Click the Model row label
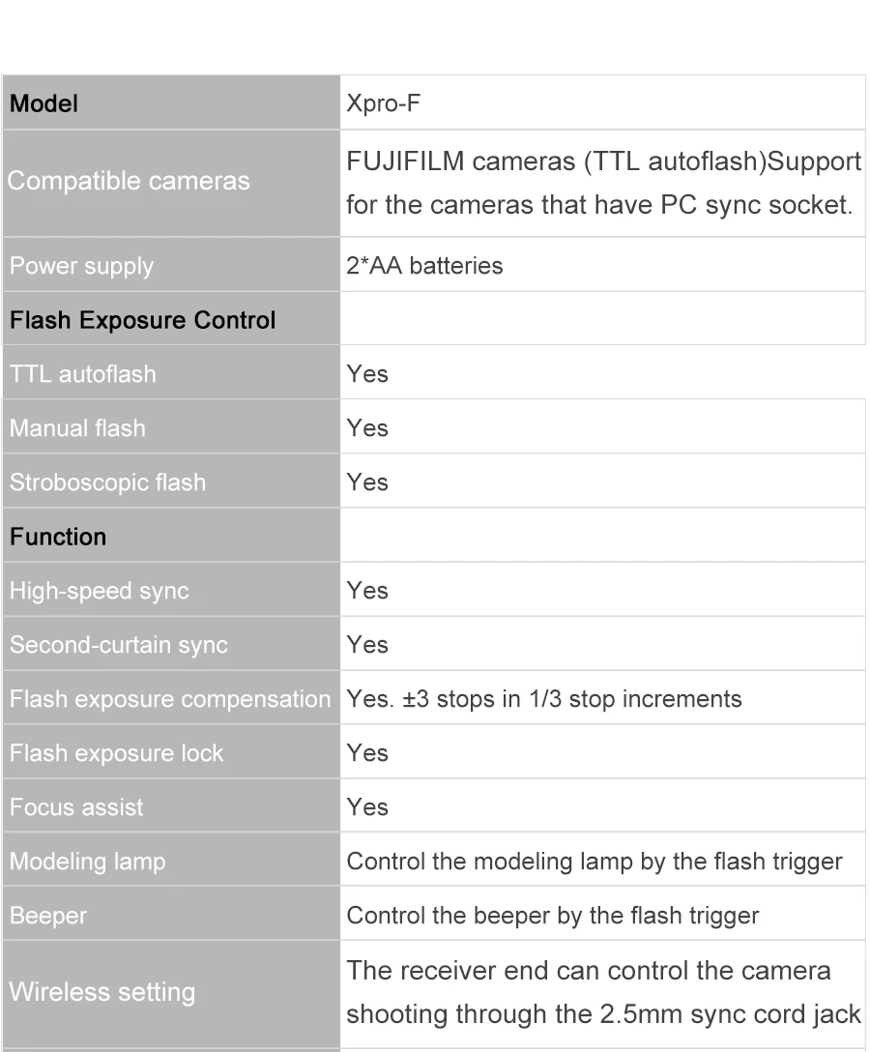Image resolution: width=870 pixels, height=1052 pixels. [x=43, y=103]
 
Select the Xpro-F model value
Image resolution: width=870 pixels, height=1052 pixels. [x=383, y=103]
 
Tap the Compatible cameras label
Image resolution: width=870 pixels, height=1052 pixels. [x=129, y=181]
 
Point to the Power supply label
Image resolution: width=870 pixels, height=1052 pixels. [x=81, y=265]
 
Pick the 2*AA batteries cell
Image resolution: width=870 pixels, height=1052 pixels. [x=424, y=265]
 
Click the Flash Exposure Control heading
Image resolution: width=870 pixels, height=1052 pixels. [x=142, y=319]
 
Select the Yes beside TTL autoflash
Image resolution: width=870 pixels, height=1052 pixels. [x=366, y=373]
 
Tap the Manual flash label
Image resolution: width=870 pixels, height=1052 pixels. [x=77, y=427]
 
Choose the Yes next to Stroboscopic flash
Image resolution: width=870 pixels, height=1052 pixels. [x=366, y=482]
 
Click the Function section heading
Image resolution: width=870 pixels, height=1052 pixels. [x=58, y=536]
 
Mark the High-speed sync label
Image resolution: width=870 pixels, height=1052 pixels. [x=99, y=590]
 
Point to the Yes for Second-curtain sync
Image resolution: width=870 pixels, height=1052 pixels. [x=366, y=644]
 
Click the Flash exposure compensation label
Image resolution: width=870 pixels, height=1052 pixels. [x=169, y=698]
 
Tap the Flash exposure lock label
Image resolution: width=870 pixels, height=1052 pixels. [x=116, y=752]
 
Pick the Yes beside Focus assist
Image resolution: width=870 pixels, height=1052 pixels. [x=366, y=806]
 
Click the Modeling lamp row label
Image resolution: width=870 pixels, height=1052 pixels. [x=87, y=861]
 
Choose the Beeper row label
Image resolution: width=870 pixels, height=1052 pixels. [x=47, y=915]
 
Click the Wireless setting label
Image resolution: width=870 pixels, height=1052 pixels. [x=101, y=992]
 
